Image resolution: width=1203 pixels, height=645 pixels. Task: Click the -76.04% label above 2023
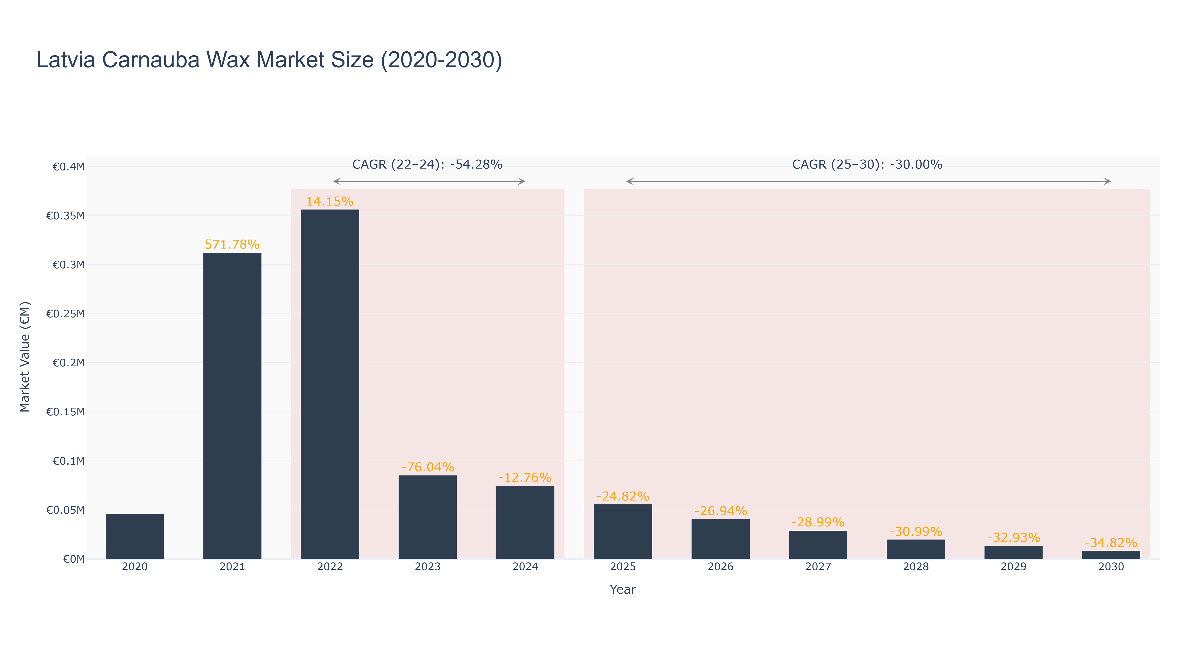point(428,467)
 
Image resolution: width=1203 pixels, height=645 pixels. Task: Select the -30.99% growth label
point(916,531)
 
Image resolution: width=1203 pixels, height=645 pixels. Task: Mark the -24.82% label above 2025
point(623,496)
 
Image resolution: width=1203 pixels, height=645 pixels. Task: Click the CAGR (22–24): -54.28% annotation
point(427,164)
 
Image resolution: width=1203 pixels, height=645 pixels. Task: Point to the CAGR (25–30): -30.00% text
point(867,164)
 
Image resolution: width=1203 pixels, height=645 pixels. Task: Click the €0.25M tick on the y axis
point(65,314)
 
